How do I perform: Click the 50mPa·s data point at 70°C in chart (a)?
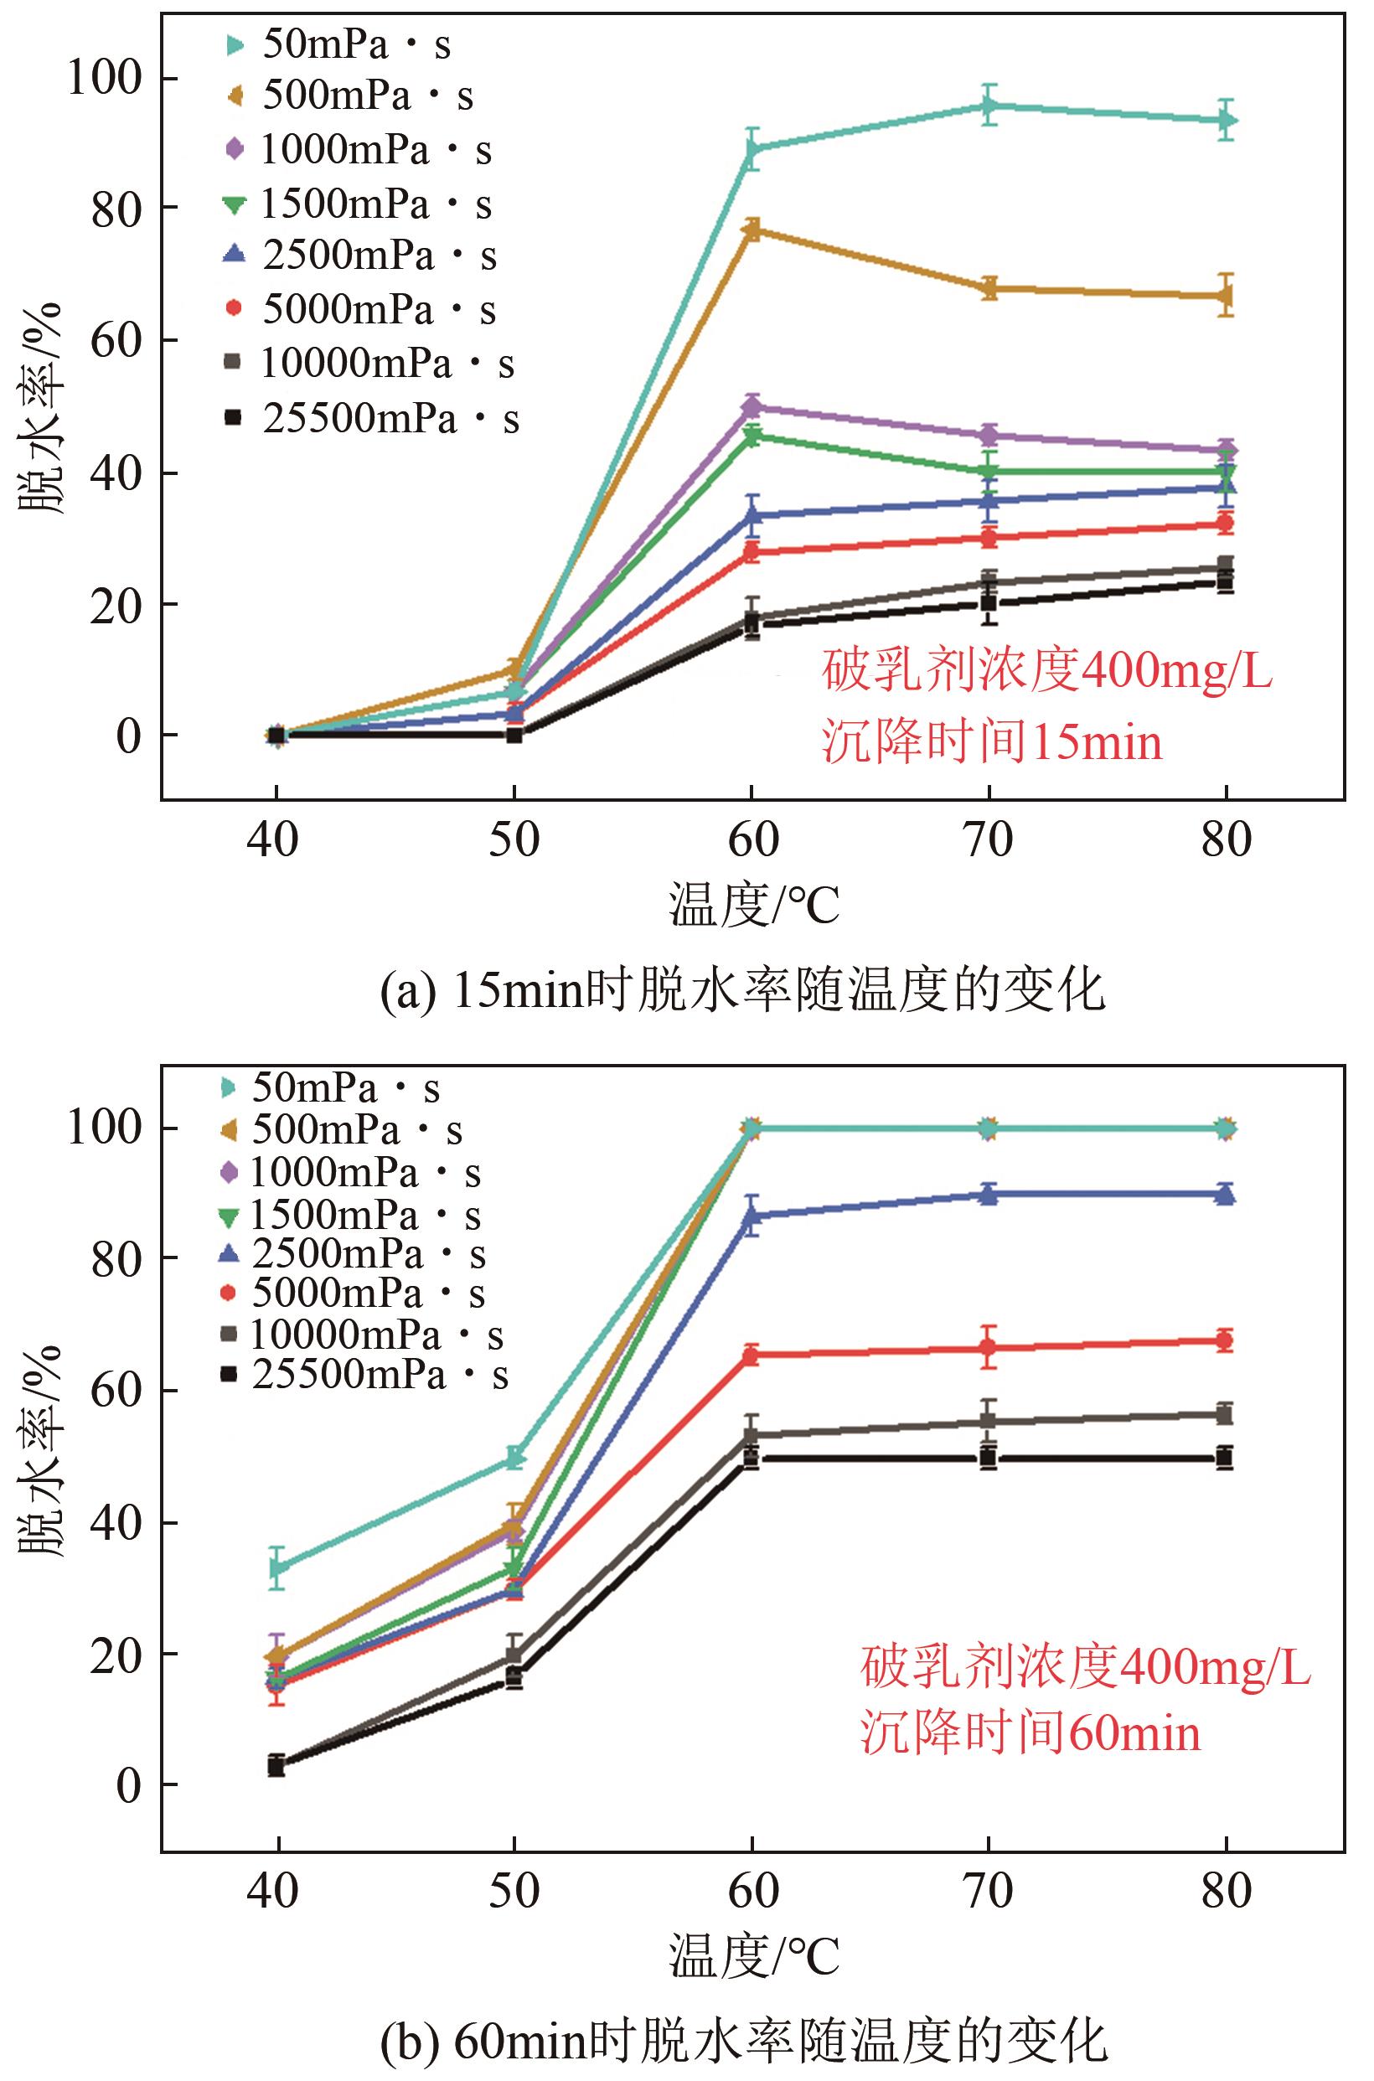[x=989, y=107]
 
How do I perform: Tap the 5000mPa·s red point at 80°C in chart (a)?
[x=1226, y=524]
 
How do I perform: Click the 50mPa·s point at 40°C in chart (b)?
[x=278, y=1567]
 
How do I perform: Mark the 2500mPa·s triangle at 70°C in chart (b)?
[x=989, y=1195]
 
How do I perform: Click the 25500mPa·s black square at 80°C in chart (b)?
[x=1226, y=1458]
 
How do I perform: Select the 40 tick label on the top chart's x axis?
[x=275, y=839]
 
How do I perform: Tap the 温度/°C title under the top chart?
[x=753, y=906]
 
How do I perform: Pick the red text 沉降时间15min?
[x=992, y=743]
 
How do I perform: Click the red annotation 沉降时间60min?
[x=1030, y=1733]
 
